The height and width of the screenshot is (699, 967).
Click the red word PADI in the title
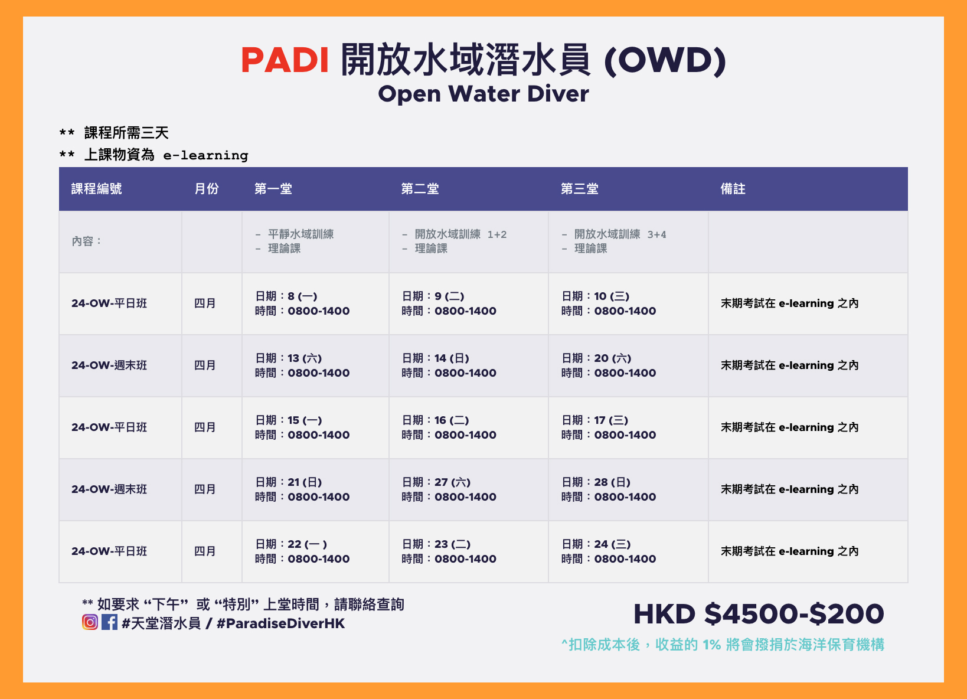pos(285,60)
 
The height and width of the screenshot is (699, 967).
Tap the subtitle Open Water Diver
pos(483,94)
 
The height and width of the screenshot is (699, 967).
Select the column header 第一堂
pos(273,189)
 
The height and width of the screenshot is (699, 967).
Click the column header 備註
pos(733,189)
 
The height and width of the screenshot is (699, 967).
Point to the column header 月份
pos(207,189)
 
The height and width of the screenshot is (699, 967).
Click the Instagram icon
pos(90,622)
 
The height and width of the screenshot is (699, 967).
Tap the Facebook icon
pos(109,622)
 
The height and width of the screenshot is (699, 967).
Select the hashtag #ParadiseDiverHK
pos(280,623)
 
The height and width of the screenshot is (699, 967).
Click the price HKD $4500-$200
pos(759,614)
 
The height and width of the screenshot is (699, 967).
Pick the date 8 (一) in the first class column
pos(303,296)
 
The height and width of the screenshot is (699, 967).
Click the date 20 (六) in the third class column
pos(613,358)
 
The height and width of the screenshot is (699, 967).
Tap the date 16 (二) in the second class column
pos(452,420)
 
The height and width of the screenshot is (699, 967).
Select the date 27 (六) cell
pos(452,482)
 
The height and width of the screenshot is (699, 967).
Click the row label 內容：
pos(86,241)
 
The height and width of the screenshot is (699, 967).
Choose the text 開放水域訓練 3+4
pos(620,234)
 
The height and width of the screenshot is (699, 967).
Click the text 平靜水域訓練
pos(300,234)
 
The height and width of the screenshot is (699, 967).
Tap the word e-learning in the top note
pos(205,155)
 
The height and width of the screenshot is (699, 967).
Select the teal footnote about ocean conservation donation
pos(723,645)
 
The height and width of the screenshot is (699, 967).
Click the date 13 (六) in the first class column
pos(305,358)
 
